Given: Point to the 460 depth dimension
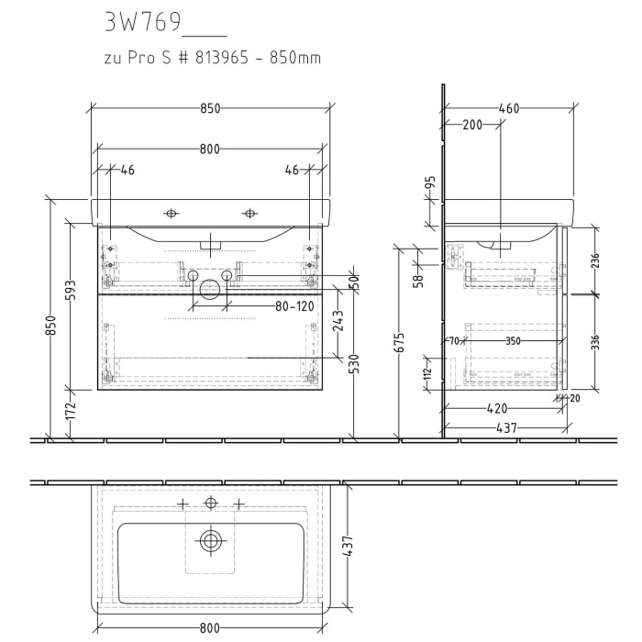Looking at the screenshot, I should (509, 108).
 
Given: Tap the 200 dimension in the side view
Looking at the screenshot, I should (471, 125).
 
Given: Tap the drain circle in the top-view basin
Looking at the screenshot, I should (212, 540).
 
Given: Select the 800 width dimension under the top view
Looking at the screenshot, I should (210, 628).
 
